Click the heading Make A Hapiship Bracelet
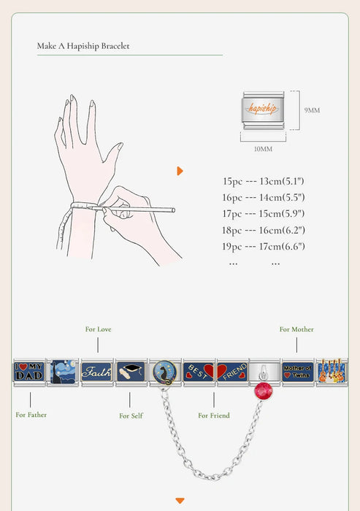pyautogui.click(x=83, y=46)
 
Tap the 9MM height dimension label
pyautogui.click(x=312, y=110)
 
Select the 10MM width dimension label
pyautogui.click(x=263, y=149)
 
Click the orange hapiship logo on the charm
pyautogui.click(x=262, y=108)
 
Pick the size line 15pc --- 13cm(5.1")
pyautogui.click(x=263, y=181)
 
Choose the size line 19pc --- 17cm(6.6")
pyautogui.click(x=263, y=246)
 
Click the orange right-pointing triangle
pyautogui.click(x=180, y=171)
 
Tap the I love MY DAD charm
pyautogui.click(x=29, y=372)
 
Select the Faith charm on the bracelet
pyautogui.click(x=96, y=372)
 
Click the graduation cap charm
pyautogui.click(x=131, y=372)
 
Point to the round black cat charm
pyautogui.click(x=165, y=372)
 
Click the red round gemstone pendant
pyautogui.click(x=263, y=391)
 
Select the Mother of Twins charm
pyautogui.click(x=297, y=372)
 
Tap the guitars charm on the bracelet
pyautogui.click(x=332, y=372)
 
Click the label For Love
pyautogui.click(x=98, y=329)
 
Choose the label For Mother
pyautogui.click(x=296, y=329)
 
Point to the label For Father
pyautogui.click(x=31, y=415)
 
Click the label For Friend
pyautogui.click(x=214, y=415)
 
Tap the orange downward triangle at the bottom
pyautogui.click(x=180, y=501)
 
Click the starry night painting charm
pyautogui.click(x=63, y=372)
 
